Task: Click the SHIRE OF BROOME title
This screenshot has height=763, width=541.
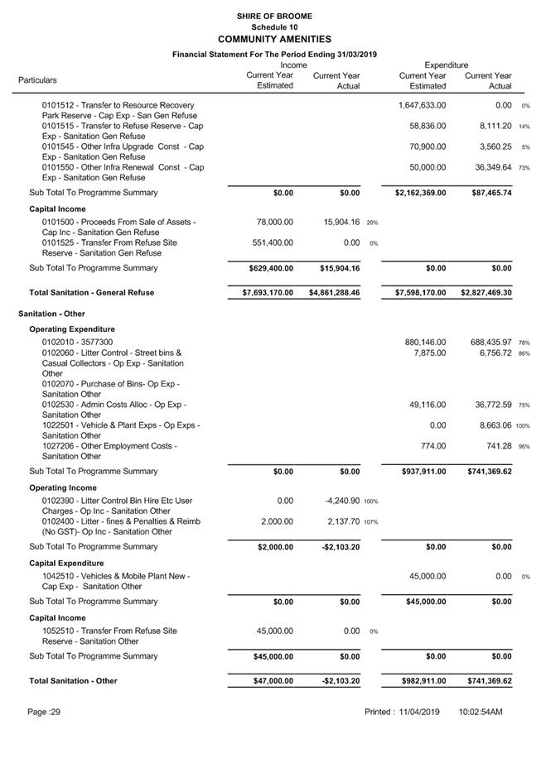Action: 273,16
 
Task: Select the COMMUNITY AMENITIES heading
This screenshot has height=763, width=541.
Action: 273,39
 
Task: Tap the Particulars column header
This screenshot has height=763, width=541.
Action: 38,80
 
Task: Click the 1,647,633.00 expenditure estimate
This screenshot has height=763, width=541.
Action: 422,106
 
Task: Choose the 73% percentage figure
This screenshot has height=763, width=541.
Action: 524,168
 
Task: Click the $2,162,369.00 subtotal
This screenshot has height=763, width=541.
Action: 420,193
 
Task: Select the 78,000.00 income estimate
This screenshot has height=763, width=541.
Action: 269,223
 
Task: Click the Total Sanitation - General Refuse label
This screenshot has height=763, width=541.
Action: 91,293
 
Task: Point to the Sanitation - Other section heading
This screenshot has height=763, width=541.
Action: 51,314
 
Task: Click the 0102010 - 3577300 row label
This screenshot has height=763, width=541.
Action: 78,343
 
